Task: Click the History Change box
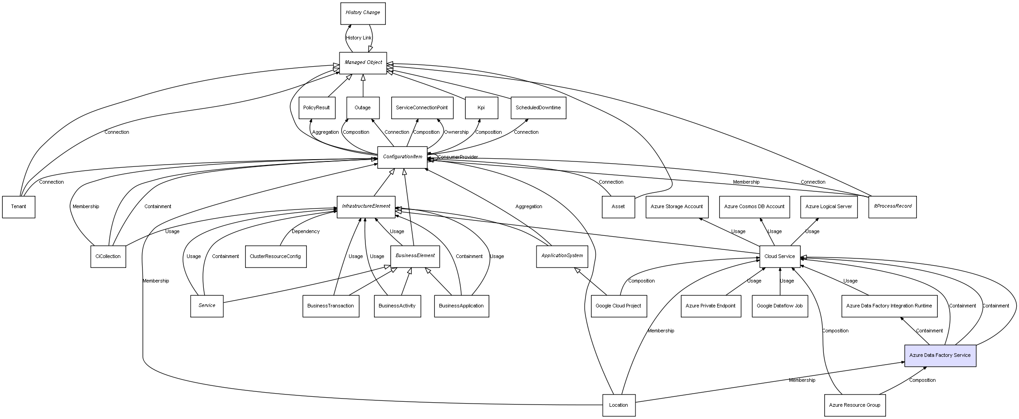[363, 13]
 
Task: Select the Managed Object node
[363, 63]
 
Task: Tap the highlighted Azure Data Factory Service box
[940, 356]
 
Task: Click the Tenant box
[19, 207]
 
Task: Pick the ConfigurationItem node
[402, 157]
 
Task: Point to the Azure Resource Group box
[854, 405]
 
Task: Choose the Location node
[619, 405]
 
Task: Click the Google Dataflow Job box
[780, 306]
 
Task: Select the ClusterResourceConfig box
[276, 257]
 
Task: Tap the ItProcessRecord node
[892, 207]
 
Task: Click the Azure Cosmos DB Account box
[754, 207]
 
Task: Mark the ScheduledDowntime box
[538, 108]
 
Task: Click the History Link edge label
[359, 38]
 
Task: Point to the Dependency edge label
[305, 232]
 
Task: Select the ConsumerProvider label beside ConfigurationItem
[458, 157]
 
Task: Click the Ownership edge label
[456, 132]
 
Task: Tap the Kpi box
[481, 108]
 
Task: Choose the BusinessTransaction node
[330, 306]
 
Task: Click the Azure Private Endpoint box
[711, 306]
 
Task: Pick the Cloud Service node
[780, 257]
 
